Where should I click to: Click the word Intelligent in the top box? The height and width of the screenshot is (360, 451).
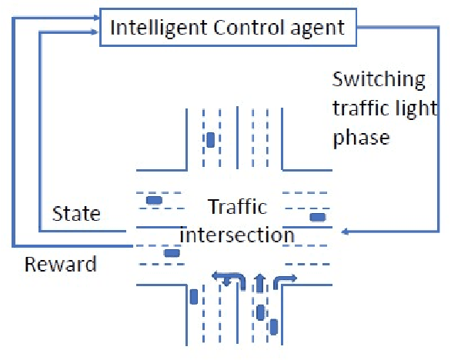[x=152, y=28]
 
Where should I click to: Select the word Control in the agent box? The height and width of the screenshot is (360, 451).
[x=236, y=28]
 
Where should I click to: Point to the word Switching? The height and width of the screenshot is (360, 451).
[x=378, y=78]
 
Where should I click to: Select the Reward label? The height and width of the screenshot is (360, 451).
[x=61, y=265]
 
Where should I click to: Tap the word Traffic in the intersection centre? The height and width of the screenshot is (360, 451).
[x=237, y=207]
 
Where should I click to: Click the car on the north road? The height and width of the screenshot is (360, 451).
[x=210, y=140]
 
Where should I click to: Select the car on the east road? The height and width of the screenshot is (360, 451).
[x=316, y=217]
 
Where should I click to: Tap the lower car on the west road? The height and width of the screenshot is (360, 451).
[x=172, y=252]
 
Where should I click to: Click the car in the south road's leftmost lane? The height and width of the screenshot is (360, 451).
[x=193, y=296]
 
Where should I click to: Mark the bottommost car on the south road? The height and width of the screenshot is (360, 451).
[x=273, y=327]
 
